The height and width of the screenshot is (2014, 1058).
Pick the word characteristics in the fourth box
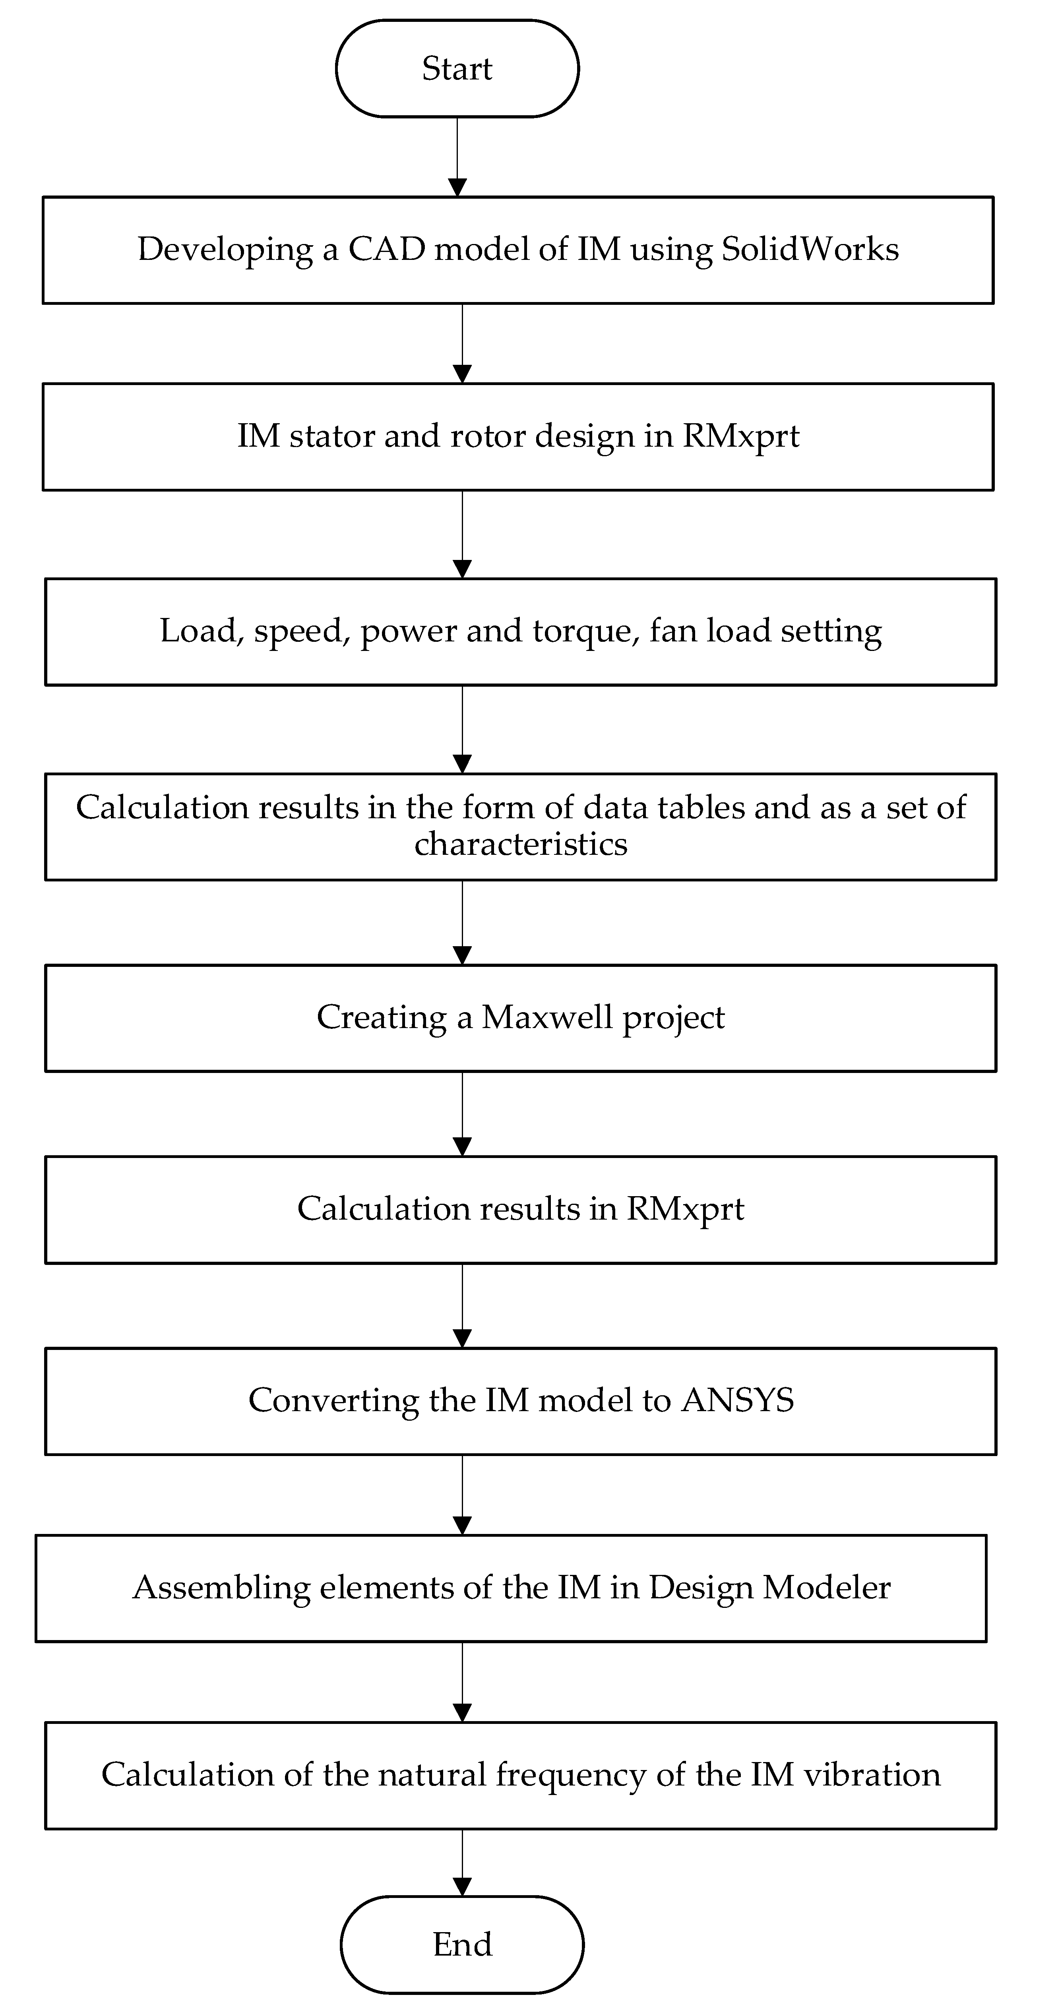click(521, 844)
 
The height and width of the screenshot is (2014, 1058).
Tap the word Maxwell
click(546, 1017)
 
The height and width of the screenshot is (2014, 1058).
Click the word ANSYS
click(737, 1400)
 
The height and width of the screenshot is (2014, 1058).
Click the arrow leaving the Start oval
click(457, 156)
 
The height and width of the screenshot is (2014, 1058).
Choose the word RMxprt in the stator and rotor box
click(740, 436)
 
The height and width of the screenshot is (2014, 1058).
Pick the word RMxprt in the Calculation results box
click(685, 1209)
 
